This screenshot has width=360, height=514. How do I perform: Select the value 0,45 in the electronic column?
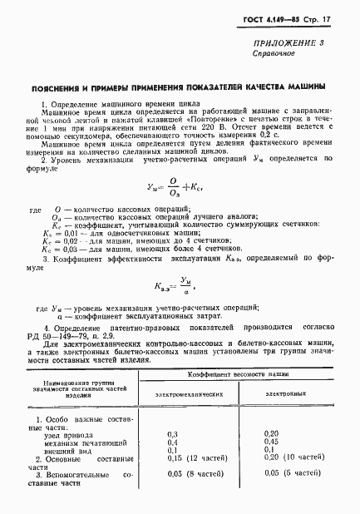271,442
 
